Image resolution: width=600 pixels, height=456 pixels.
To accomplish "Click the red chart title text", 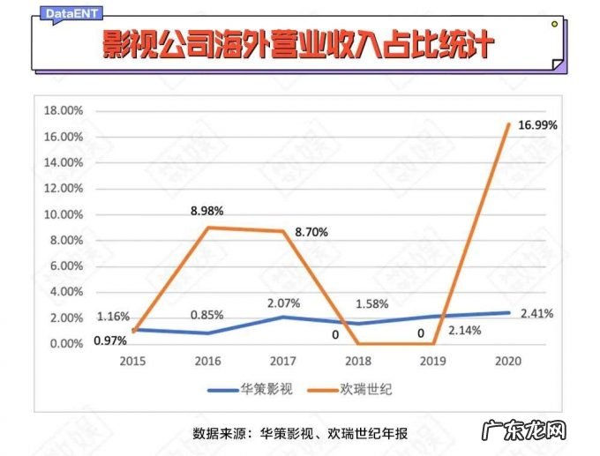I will pos(299,46).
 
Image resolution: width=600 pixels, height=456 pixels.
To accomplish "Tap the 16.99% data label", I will pos(537,125).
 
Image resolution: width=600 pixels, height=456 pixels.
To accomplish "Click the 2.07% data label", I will pos(282,303).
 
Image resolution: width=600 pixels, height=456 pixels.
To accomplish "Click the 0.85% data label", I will pos(206,314).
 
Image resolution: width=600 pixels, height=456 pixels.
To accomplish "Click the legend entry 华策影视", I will pos(249,389).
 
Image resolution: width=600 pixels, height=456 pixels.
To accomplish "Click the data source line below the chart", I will pos(299,433).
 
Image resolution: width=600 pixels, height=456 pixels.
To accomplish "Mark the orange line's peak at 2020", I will pos(509,124).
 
